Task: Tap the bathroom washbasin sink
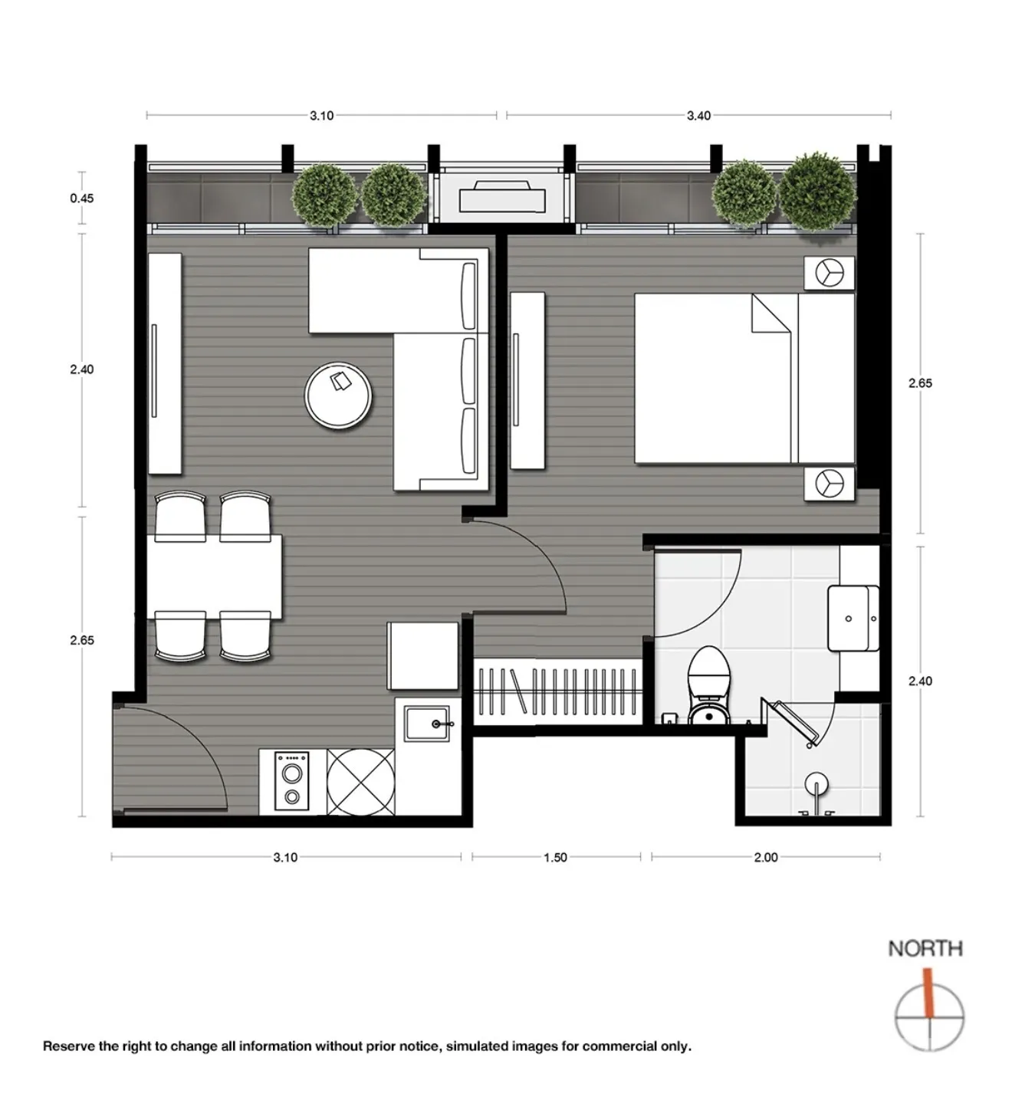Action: point(853,618)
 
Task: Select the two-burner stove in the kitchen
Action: point(291,781)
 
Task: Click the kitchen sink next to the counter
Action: point(427,724)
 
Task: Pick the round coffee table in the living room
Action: point(338,396)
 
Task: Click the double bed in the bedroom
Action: point(744,378)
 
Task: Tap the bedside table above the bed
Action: point(829,273)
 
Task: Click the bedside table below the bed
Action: point(829,484)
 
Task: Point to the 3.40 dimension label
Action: point(698,116)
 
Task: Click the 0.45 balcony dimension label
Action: point(82,198)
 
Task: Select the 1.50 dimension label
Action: point(555,857)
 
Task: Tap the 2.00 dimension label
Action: point(766,857)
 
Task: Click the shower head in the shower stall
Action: point(816,782)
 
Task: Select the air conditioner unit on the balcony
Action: point(502,197)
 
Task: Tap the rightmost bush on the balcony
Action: point(817,192)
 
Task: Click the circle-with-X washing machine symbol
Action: point(360,781)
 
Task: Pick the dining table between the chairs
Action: point(215,577)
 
